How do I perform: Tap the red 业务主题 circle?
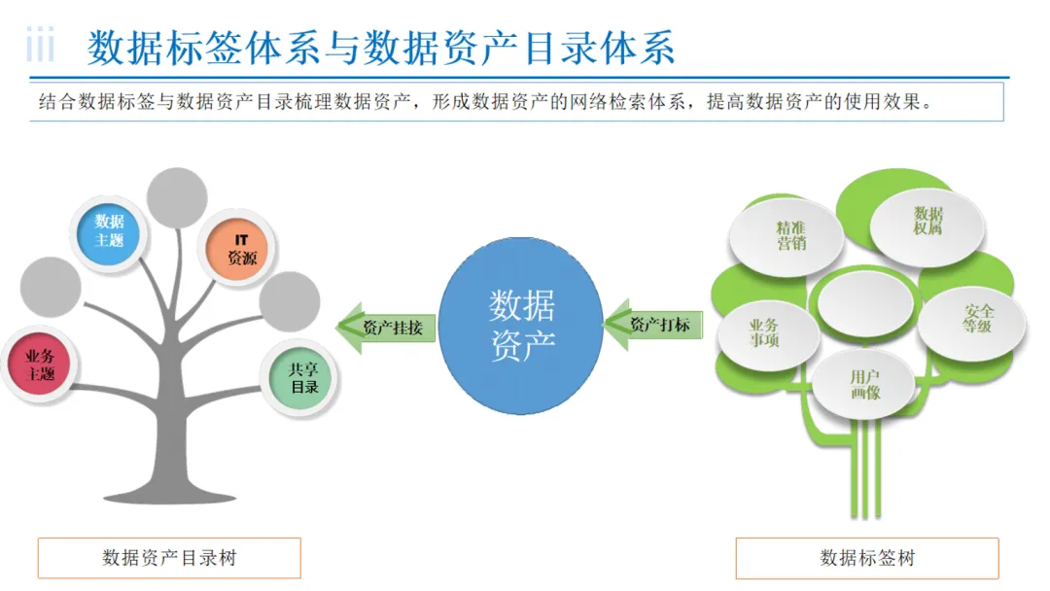point(42,365)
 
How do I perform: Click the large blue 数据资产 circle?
point(522,326)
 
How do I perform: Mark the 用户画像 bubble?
point(864,385)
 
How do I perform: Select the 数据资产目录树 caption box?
point(169,558)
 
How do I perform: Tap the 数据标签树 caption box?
point(867,558)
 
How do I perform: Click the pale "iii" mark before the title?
point(40,47)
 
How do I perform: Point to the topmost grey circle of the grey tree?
point(177,198)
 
